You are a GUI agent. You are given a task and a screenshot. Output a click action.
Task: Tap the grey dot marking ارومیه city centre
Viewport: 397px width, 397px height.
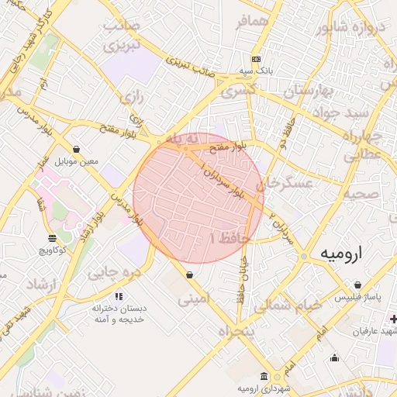(305, 255)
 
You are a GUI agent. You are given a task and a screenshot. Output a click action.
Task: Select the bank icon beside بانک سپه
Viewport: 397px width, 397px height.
(257, 59)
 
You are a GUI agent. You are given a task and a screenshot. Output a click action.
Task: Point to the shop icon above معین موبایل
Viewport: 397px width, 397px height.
(76, 149)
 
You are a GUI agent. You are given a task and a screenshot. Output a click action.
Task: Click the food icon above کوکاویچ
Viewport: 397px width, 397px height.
(52, 238)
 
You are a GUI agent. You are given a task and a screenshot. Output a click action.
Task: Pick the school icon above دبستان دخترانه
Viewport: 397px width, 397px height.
(118, 296)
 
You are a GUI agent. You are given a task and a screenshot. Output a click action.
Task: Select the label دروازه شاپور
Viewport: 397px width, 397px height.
(349, 30)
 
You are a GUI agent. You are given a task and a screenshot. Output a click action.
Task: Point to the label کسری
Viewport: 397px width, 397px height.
(238, 91)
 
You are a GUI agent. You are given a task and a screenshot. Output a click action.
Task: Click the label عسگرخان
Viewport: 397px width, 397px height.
(287, 184)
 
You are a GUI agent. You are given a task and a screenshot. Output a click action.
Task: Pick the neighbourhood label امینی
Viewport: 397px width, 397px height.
(194, 297)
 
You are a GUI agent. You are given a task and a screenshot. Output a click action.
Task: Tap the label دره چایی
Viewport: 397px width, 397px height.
(113, 272)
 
